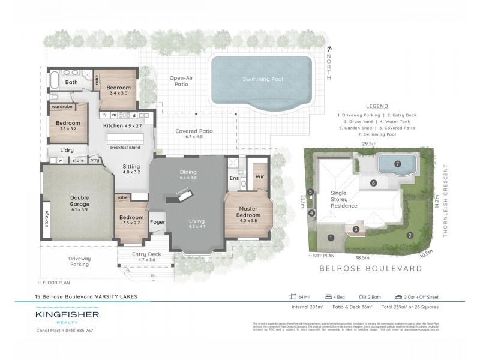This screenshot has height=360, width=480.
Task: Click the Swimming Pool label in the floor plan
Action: coord(262,79)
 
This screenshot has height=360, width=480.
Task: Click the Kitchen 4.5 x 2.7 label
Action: coord(122,126)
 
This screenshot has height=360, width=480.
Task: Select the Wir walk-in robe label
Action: coord(259,177)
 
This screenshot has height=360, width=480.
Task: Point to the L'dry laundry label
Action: coord(67,150)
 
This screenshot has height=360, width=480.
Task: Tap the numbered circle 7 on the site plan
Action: coord(397,164)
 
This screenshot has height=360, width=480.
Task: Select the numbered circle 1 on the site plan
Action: coord(331,238)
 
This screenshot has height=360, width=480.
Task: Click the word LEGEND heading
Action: coord(376,105)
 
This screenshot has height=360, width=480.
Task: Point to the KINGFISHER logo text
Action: coord(67,314)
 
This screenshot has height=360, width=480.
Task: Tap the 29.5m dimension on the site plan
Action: coord(368,144)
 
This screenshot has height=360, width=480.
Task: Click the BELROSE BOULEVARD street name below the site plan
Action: coord(371,269)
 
